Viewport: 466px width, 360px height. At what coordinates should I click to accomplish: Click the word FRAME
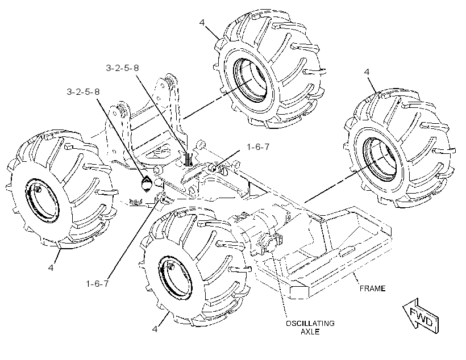(x=372, y=288)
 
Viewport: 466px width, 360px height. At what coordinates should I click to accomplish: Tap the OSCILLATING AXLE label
(x=310, y=327)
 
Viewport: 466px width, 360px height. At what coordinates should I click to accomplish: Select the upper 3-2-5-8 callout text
(x=122, y=68)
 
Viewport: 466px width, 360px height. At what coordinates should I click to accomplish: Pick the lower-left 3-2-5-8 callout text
(x=83, y=92)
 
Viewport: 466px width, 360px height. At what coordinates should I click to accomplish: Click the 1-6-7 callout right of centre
(x=258, y=146)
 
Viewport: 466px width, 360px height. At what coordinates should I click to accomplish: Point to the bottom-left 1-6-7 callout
(x=97, y=284)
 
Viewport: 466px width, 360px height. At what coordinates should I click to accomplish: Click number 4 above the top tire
(x=202, y=23)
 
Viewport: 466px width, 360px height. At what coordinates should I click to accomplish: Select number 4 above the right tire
(x=367, y=72)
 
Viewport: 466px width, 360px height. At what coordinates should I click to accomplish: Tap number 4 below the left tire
(x=51, y=267)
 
